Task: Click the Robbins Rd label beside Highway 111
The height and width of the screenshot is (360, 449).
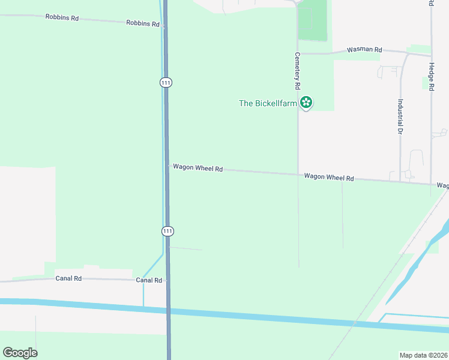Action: pos(143,23)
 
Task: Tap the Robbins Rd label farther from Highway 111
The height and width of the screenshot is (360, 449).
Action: pos(62,17)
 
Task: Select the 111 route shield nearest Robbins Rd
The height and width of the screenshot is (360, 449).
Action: pos(166,82)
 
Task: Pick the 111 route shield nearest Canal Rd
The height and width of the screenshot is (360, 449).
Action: pos(167,230)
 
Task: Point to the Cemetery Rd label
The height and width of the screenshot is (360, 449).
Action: pos(297,71)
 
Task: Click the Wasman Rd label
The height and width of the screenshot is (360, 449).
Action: pos(364,50)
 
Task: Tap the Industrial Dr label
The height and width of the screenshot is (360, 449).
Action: pos(399,116)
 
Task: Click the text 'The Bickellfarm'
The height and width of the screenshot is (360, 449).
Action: pos(268,103)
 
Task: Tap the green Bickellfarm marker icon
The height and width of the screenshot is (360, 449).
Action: pos(306,103)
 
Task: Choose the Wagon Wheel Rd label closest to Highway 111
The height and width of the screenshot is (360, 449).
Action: pos(197,168)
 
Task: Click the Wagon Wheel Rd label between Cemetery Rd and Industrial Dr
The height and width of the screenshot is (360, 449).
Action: pos(329,177)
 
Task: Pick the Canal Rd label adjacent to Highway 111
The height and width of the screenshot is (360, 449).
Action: pos(149,280)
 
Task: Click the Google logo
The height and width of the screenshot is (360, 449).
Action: pos(20,352)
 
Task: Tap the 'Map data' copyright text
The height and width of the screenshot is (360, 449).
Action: pos(423,355)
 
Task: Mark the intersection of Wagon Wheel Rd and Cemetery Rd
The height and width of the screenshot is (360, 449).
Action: pos(298,175)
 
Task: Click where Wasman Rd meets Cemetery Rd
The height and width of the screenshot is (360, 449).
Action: pos(298,53)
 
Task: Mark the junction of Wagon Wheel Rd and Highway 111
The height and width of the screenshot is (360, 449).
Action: pos(167,166)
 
